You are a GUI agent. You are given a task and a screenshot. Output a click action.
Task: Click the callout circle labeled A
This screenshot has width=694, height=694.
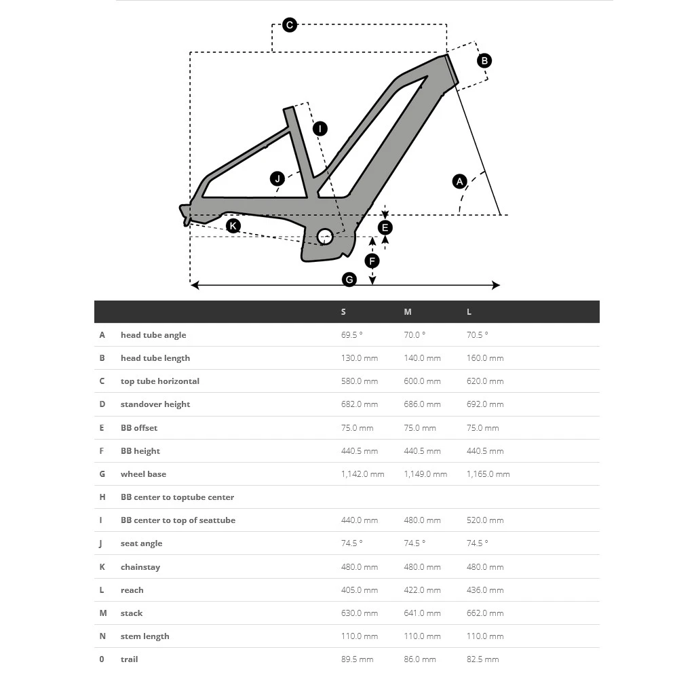tap(460, 181)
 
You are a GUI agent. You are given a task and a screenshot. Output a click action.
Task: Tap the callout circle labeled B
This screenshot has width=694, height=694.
tap(484, 60)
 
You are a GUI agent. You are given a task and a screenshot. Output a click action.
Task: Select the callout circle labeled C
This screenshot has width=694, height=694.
tap(290, 25)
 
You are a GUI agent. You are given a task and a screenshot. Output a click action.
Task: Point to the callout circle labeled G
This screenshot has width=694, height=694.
tap(349, 279)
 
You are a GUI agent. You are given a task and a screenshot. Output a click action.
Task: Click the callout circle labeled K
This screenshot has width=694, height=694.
tap(233, 225)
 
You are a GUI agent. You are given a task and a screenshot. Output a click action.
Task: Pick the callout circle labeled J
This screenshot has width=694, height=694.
tap(277, 178)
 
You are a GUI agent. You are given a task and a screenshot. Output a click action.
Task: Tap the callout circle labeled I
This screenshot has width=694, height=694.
tap(320, 128)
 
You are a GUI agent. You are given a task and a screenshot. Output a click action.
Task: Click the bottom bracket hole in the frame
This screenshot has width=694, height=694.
tap(325, 236)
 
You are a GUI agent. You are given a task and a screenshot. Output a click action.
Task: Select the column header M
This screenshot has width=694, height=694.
tap(408, 312)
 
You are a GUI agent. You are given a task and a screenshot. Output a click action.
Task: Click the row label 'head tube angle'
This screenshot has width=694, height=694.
tap(153, 335)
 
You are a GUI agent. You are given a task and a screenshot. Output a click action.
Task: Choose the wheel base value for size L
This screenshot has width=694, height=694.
tap(488, 474)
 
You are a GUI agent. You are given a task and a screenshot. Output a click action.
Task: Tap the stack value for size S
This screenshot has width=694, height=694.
tap(360, 613)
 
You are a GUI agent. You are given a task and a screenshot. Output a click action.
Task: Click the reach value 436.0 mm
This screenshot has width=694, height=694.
tap(485, 590)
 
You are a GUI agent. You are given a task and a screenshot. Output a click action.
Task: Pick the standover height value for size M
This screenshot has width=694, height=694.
tap(422, 404)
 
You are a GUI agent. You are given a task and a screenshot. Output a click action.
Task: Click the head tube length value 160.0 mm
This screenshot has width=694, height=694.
tap(485, 358)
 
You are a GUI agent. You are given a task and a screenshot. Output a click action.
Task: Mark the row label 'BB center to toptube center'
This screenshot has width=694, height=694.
tap(177, 497)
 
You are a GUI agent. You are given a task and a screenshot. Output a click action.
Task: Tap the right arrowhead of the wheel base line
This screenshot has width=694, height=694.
tap(497, 285)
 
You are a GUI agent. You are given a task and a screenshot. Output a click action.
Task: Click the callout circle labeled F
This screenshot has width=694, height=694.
tap(372, 261)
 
